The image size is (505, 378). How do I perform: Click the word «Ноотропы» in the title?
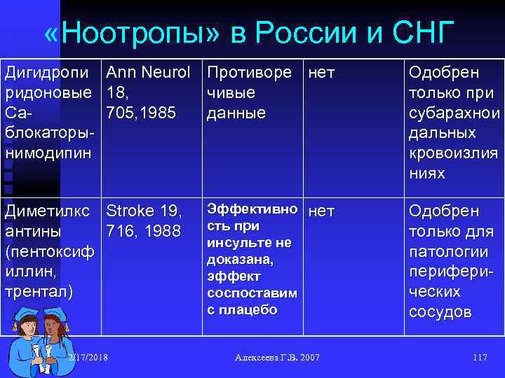click(140, 32)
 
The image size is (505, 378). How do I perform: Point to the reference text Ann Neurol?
click(147, 73)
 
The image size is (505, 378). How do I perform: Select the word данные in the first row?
click(236, 113)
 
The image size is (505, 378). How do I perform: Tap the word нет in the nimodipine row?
click(322, 73)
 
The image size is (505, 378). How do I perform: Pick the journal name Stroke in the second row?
click(127, 211)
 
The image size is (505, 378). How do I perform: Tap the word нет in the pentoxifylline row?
click(322, 210)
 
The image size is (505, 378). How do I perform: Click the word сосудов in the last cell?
click(440, 311)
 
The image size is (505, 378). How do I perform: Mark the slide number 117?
click(480, 358)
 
